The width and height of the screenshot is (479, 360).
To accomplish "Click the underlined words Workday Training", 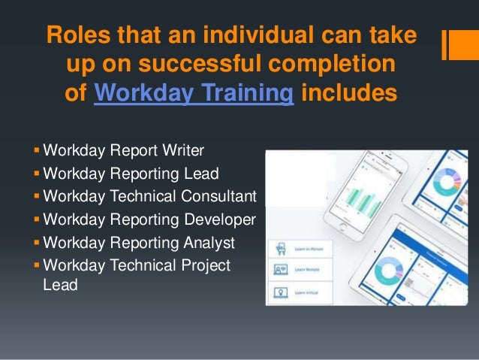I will pos(193,95).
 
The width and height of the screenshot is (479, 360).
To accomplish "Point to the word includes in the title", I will pos(348,95).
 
